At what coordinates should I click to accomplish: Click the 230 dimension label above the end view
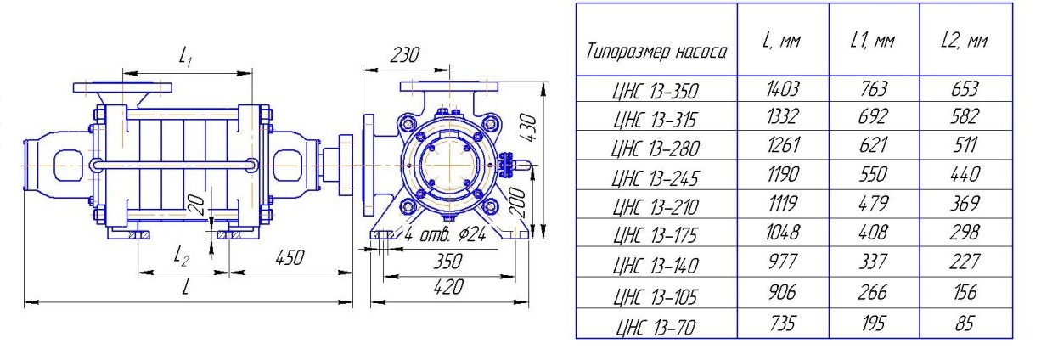(404, 55)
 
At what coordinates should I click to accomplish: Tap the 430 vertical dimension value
(528, 127)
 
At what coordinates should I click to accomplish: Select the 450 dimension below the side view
(290, 258)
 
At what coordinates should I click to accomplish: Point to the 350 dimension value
(447, 262)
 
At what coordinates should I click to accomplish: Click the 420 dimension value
(448, 287)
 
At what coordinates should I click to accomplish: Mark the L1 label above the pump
(186, 57)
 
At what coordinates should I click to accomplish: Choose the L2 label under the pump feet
(181, 256)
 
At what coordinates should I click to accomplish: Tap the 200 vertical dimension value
(518, 202)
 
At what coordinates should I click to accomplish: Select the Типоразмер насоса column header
(656, 51)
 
